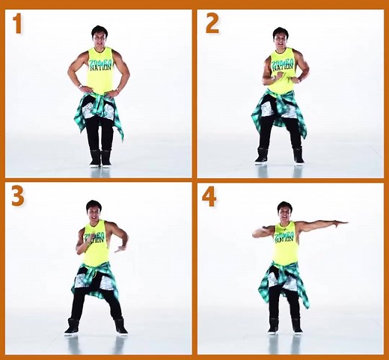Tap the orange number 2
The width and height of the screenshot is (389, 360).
click(212, 24)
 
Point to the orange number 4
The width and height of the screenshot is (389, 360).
click(210, 196)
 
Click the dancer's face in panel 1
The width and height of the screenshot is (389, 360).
click(99, 37)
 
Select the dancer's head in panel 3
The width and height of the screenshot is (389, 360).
click(94, 210)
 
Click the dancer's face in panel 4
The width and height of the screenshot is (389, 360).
click(284, 212)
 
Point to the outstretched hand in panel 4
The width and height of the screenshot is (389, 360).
click(341, 222)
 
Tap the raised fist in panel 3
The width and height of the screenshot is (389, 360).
click(81, 244)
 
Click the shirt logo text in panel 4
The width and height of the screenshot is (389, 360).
click(284, 237)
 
